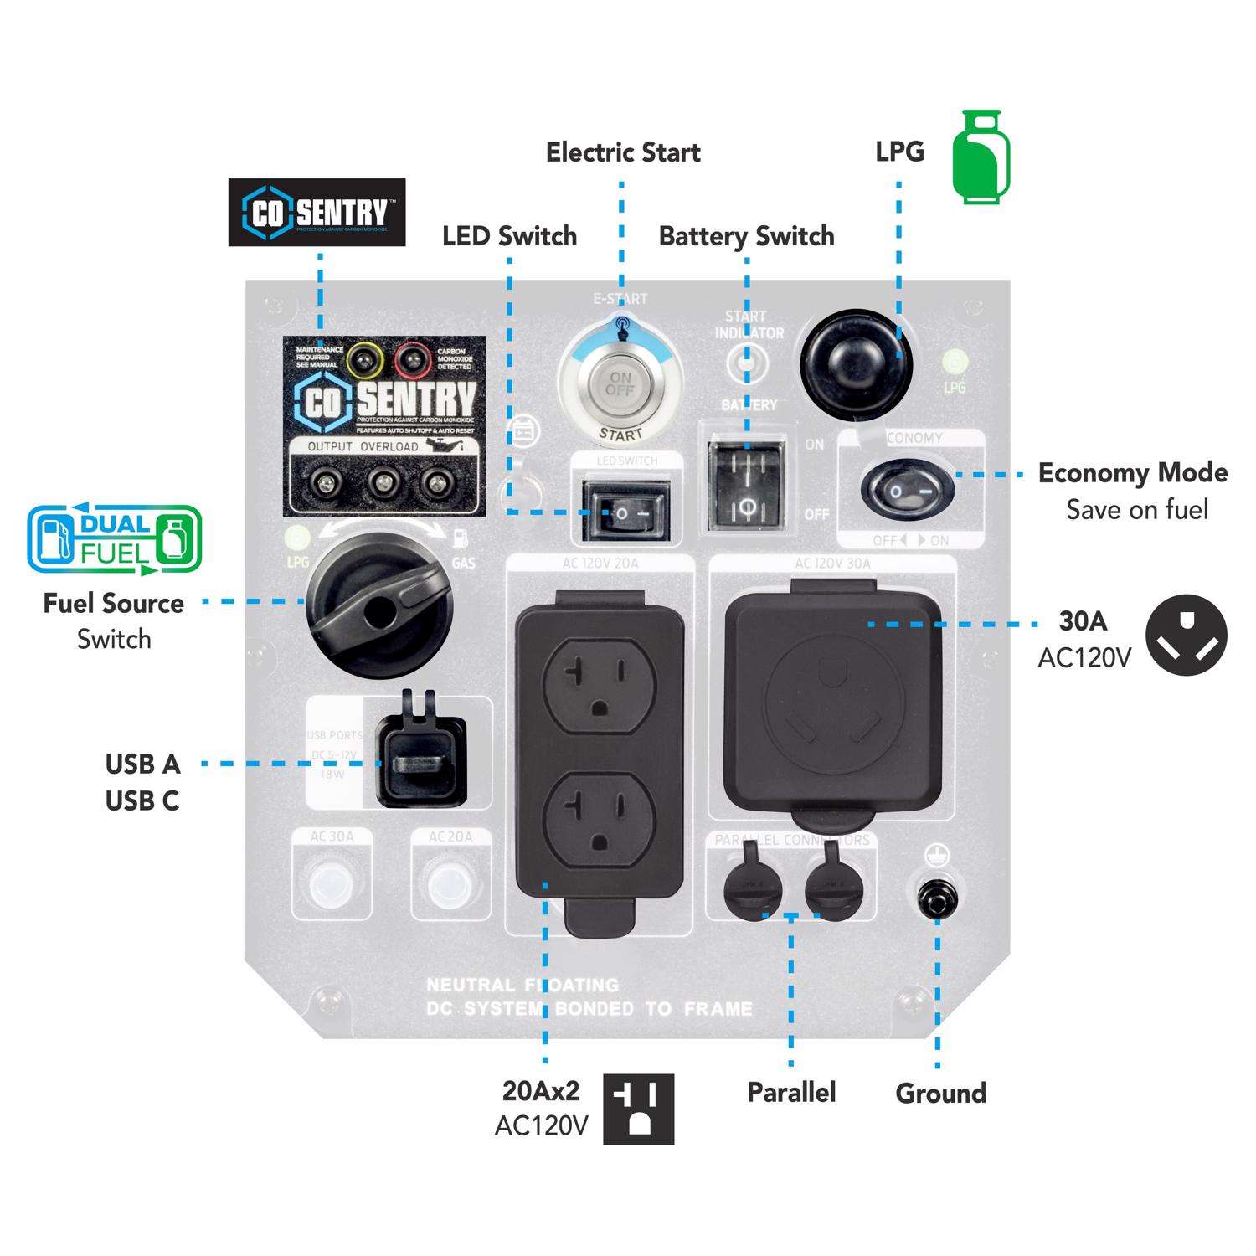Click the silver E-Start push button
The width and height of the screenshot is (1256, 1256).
[620, 387]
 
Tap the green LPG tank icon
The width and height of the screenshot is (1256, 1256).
[981, 157]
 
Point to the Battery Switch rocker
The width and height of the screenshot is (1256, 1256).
[748, 482]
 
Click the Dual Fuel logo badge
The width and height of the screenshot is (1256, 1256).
[115, 540]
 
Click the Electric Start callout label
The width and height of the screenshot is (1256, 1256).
[623, 152]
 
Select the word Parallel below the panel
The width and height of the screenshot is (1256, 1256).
[791, 1092]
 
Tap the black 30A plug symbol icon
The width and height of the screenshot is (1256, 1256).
[1186, 636]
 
